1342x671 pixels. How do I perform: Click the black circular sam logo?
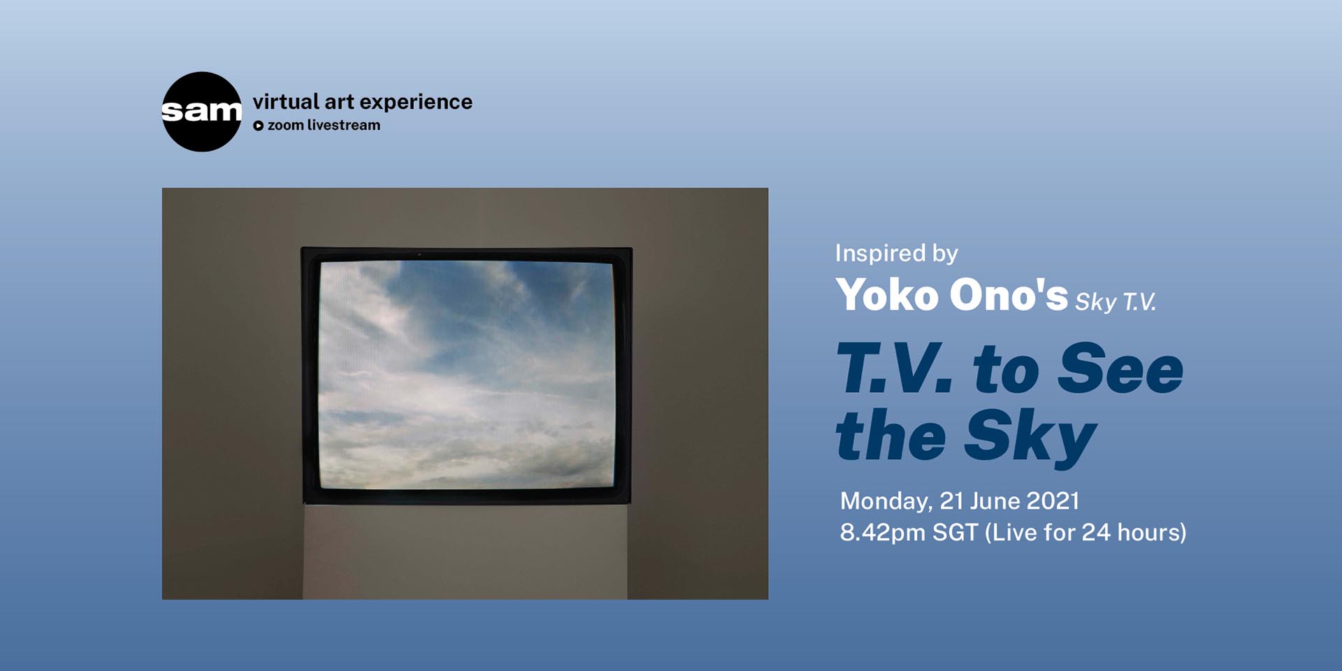pyautogui.click(x=201, y=112)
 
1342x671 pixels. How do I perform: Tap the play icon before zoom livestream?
pyautogui.click(x=258, y=126)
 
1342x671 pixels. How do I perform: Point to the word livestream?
pyautogui.click(x=343, y=125)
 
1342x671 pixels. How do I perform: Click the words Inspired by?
pyautogui.click(x=896, y=253)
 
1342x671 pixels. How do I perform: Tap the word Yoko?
pyautogui.click(x=887, y=294)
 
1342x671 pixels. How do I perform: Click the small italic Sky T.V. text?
pyautogui.click(x=1115, y=302)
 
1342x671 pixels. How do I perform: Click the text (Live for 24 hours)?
pyautogui.click(x=1085, y=533)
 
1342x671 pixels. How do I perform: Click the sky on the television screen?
pyautogui.click(x=466, y=374)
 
